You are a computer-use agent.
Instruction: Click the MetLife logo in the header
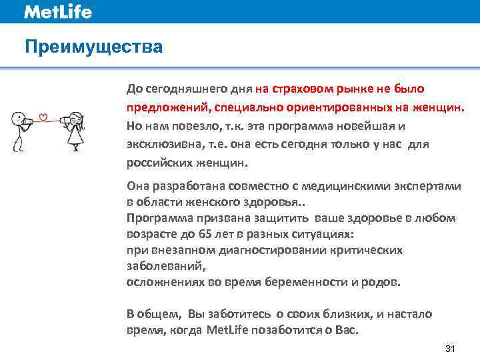tap(58, 11)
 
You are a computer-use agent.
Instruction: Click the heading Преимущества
tap(93, 47)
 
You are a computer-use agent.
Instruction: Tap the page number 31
tap(449, 349)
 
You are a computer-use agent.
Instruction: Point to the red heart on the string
tap(44, 119)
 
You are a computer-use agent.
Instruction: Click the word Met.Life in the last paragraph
tap(228, 330)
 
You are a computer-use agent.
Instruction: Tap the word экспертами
tap(428, 187)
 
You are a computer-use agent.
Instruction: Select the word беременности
tap(298, 281)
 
